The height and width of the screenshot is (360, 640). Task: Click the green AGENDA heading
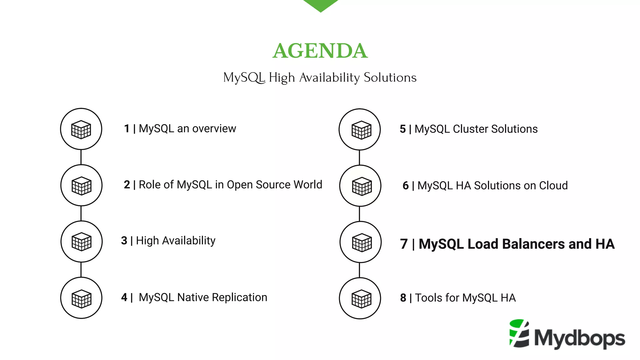pyautogui.click(x=320, y=51)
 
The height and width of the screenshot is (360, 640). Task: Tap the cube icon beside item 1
pyautogui.click(x=81, y=129)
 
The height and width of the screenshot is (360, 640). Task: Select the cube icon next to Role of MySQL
pyautogui.click(x=81, y=185)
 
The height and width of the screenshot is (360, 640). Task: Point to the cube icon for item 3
pyautogui.click(x=81, y=242)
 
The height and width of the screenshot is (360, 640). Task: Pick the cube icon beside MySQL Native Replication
pyautogui.click(x=81, y=298)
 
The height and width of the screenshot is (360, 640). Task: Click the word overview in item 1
pyautogui.click(x=214, y=129)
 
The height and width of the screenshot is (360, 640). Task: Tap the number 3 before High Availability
pyautogui.click(x=124, y=241)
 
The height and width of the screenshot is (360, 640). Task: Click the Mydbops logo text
pyautogui.click(x=579, y=338)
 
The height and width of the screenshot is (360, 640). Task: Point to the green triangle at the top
pyautogui.click(x=321, y=5)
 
